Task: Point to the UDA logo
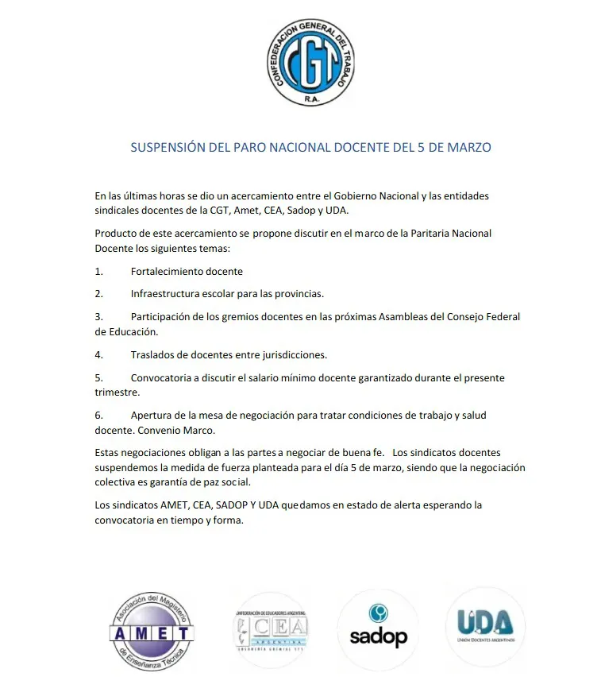click(x=485, y=626)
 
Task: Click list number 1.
click(x=99, y=271)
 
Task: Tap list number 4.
click(x=99, y=354)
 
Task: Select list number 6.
click(x=99, y=416)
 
